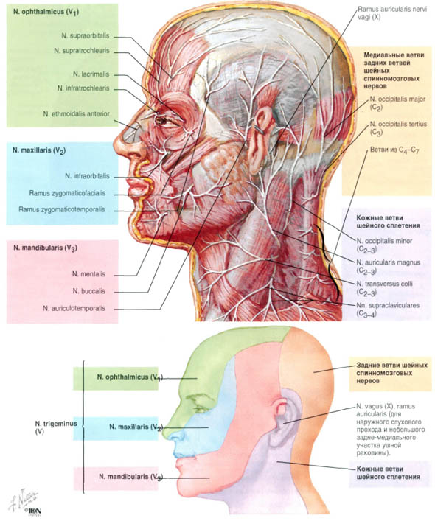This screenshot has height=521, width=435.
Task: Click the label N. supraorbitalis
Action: coord(85,35)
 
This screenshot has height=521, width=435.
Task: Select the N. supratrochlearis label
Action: coord(82,51)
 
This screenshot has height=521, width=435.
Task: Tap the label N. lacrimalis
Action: coord(91,74)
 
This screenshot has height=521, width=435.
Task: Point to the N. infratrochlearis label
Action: coord(83,88)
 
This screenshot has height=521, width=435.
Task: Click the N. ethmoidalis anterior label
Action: coord(77,113)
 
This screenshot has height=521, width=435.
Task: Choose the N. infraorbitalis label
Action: coord(87,176)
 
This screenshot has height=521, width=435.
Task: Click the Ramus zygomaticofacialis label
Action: coord(67,193)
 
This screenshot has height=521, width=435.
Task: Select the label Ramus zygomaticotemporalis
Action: coord(62,210)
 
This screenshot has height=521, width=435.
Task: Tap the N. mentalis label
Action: coord(88,274)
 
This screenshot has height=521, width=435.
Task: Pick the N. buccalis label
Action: coord(88,291)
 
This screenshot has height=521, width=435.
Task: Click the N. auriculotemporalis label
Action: coord(74,308)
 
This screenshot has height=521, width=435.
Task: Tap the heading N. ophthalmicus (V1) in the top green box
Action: coord(46,13)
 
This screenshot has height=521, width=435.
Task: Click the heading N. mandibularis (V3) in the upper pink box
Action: coord(46,248)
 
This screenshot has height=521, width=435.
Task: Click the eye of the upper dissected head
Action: coord(164,121)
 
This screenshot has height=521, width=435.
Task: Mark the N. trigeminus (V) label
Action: coord(56,427)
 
